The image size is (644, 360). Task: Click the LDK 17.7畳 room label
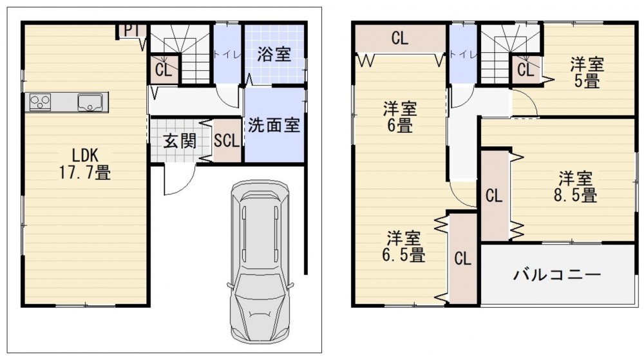point(85,164)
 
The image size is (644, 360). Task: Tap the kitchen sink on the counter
point(90,102)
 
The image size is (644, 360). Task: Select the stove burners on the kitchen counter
point(40,102)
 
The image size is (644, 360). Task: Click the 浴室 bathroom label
point(274,53)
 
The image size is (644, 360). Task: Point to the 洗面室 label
point(274,125)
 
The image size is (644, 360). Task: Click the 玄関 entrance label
point(180,141)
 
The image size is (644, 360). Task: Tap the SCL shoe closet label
point(227,141)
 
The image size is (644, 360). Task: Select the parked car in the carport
point(260,261)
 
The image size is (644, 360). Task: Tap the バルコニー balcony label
point(557,274)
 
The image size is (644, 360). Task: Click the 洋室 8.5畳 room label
point(575,187)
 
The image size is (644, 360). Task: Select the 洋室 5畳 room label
point(587,73)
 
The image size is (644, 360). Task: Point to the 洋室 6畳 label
point(400,117)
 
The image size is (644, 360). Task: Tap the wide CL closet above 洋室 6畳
point(401,39)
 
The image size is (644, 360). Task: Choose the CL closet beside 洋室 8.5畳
point(495,195)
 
